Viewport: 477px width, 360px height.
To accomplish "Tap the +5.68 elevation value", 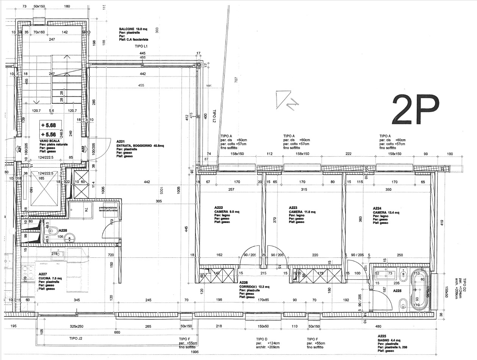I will pyautogui.click(x=48, y=125).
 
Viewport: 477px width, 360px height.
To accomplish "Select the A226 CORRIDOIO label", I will pyautogui.click(x=254, y=287).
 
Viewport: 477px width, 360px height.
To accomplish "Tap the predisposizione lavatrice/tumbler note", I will pyautogui.click(x=109, y=209).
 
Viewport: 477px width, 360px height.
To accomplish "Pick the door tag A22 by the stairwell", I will pyautogui.click(x=83, y=150).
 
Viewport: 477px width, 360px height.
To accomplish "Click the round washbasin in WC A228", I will pyautogui.click(x=69, y=238).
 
